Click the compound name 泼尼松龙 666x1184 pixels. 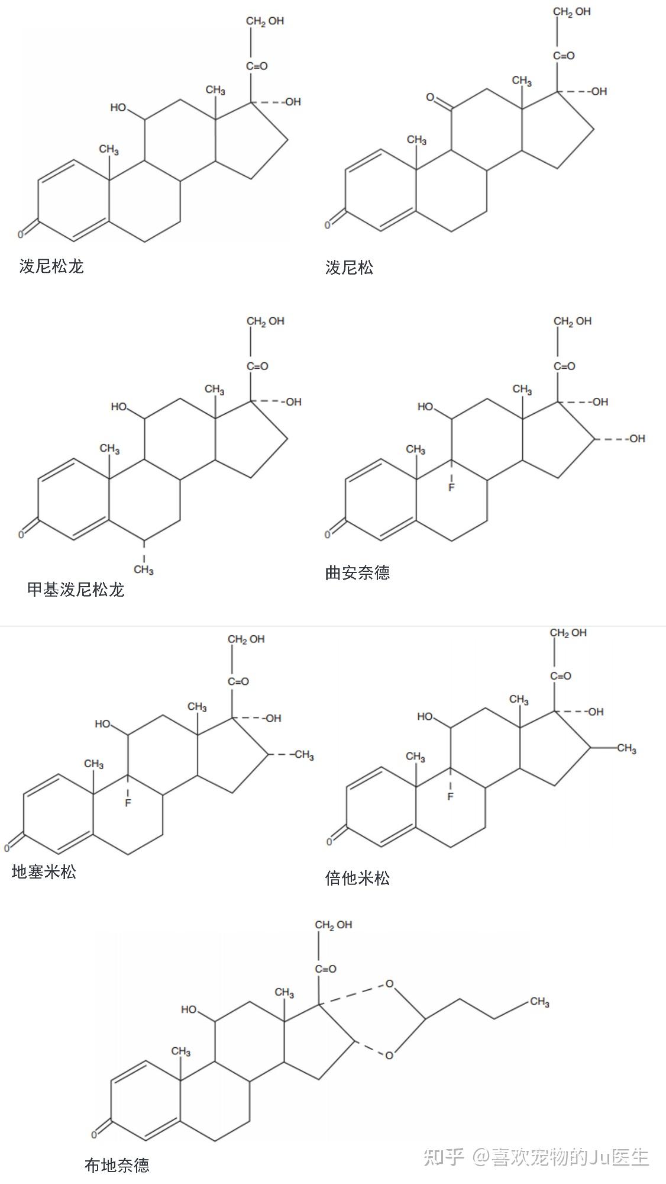tap(51, 266)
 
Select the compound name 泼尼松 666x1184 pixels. tap(349, 268)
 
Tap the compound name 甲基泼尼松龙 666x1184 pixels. tap(76, 590)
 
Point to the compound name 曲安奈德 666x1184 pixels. tap(357, 572)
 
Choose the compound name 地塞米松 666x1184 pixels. tap(44, 871)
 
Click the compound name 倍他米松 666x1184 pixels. tap(357, 877)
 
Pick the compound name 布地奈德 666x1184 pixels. tap(117, 1165)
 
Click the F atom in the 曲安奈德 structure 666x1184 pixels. tap(451, 487)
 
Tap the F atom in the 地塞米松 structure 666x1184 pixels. tap(128, 803)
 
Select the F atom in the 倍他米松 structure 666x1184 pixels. tap(450, 796)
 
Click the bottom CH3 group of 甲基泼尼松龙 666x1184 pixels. tap(144, 570)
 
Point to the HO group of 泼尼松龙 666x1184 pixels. tap(118, 108)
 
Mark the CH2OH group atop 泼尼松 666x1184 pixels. tap(571, 12)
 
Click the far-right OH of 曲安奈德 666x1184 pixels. tap(636, 439)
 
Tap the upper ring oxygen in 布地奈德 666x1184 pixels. tap(389, 984)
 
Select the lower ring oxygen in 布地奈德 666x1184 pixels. tap(389, 1055)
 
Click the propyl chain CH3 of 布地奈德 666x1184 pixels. tap(539, 1002)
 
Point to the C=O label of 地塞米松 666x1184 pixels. tap(238, 681)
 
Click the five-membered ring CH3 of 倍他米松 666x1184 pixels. tap(626, 749)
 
